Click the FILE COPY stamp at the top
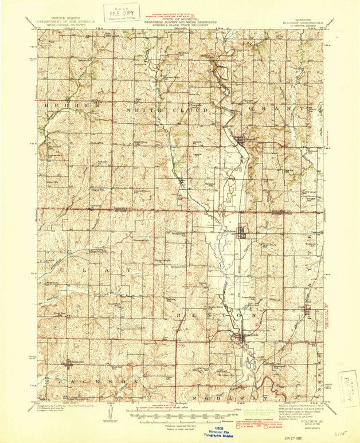pos(122,12)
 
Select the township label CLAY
pos(99,268)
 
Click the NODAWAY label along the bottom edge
pos(229,397)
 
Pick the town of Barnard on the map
pos(239,139)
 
